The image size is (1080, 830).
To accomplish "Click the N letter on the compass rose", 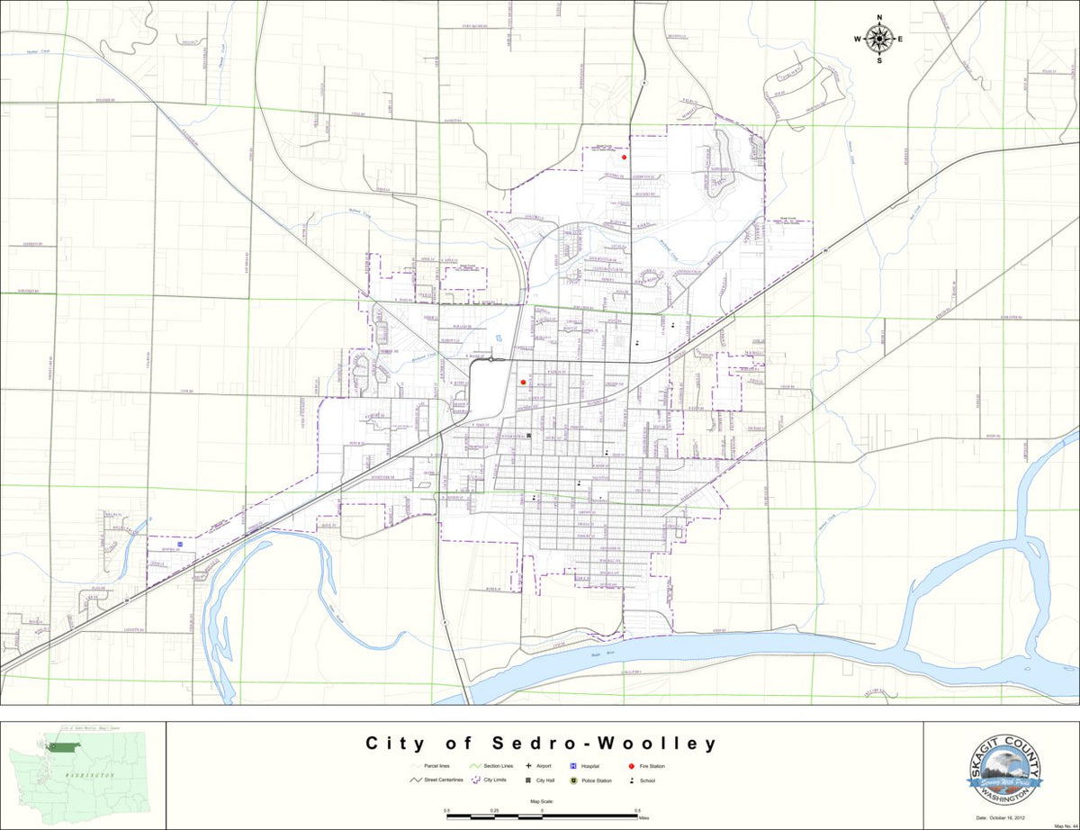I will tap(879, 17).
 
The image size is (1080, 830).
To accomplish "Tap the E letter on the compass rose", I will tap(899, 39).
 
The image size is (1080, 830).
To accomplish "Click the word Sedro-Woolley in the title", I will tap(605, 744).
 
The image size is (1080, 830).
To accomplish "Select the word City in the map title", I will tap(394, 744).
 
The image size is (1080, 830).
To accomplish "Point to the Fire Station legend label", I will tap(652, 765).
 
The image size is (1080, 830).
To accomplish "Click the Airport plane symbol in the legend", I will tap(528, 765).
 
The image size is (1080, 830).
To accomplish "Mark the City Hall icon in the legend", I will tap(528, 780).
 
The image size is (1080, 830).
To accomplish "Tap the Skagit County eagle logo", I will tap(1004, 770).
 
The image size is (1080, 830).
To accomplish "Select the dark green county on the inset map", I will tap(66, 746).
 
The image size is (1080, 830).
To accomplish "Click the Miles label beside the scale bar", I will tap(643, 818).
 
